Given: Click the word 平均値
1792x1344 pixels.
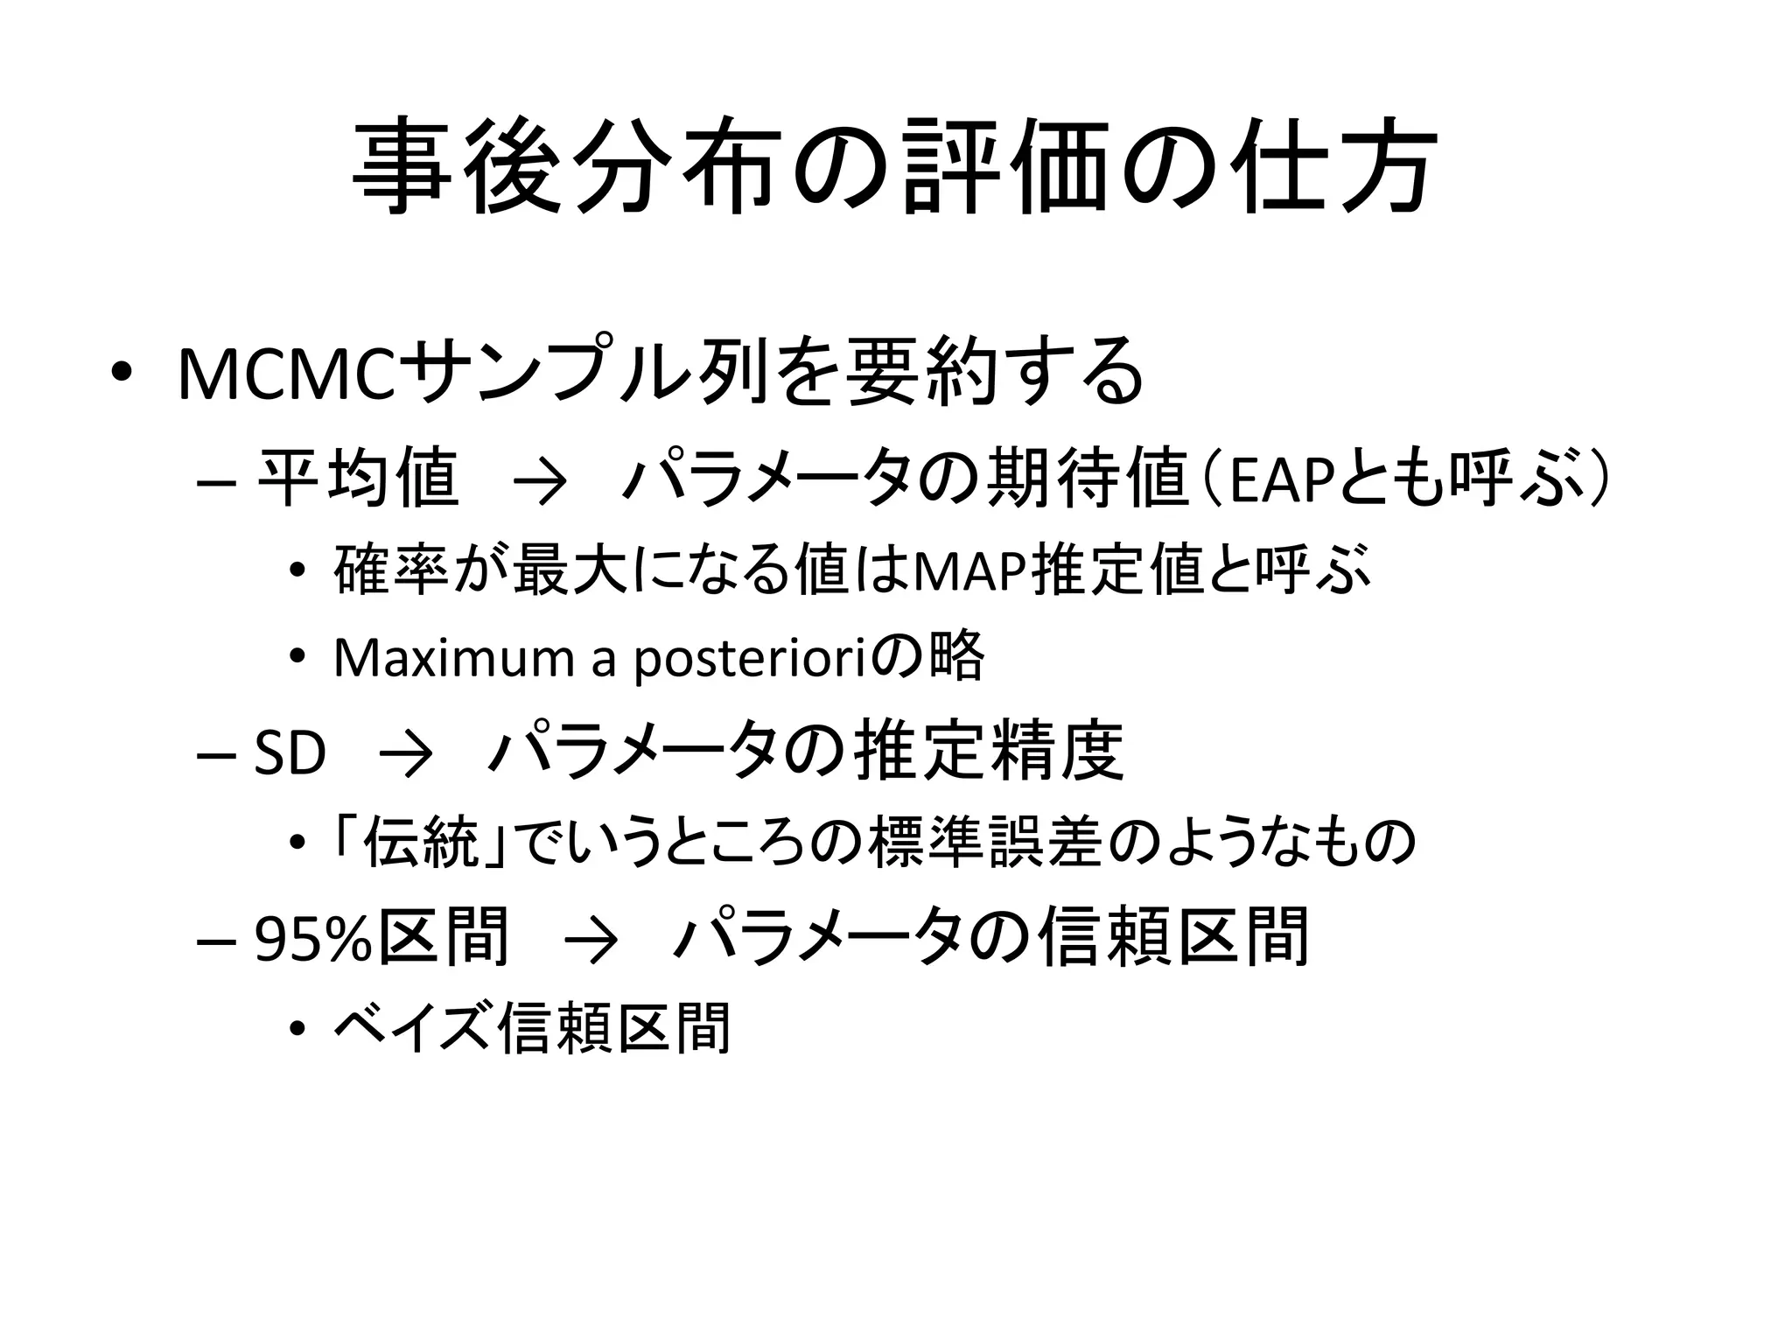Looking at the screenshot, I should coord(357,479).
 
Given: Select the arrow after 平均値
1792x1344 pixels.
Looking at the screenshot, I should coord(540,482).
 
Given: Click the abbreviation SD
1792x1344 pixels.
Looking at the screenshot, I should coord(290,752).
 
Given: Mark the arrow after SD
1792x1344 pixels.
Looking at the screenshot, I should coord(406,755).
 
